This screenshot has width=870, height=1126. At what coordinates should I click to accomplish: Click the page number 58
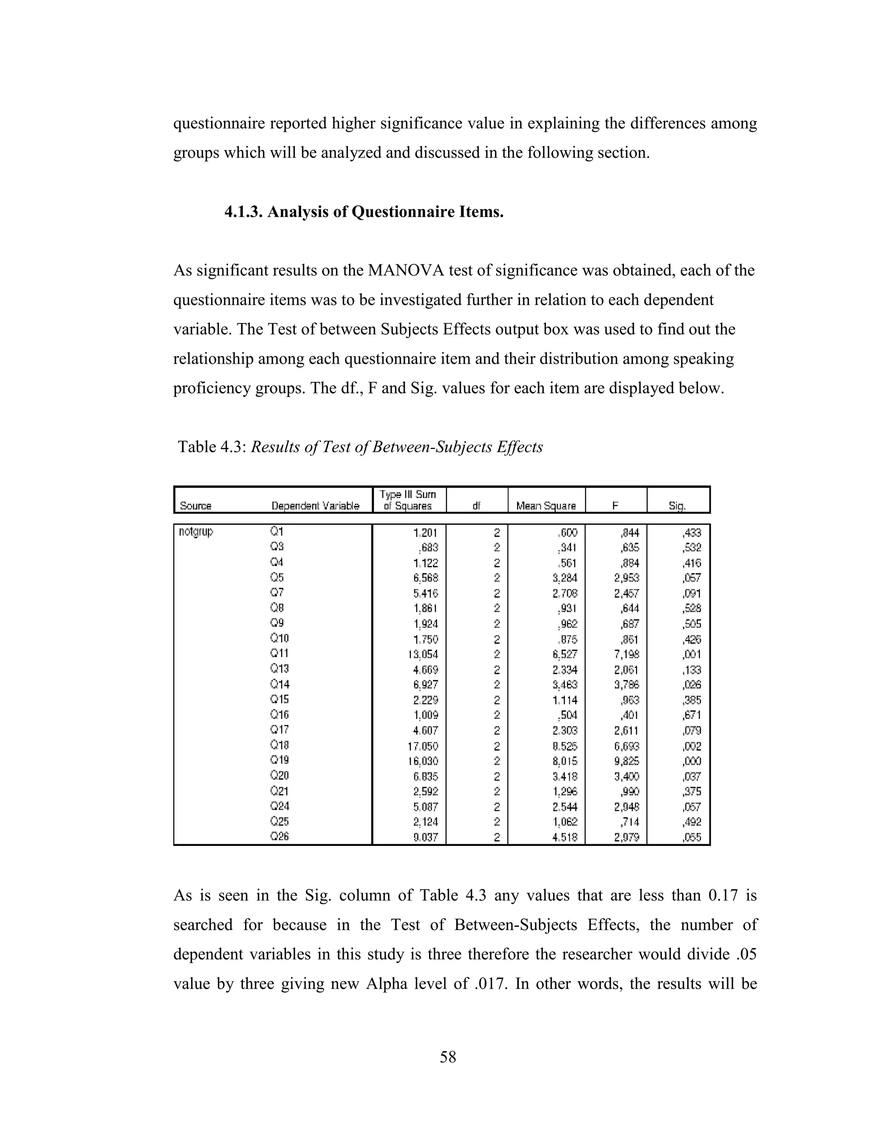pos(447,1057)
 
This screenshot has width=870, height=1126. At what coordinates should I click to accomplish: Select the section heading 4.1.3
pos(244,212)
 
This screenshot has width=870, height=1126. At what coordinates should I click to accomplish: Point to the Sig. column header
pos(677,506)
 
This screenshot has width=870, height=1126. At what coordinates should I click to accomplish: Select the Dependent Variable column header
pos(315,506)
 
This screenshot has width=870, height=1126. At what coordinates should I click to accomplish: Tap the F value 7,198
pos(626,654)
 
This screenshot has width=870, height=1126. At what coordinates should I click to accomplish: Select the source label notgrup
pos(195,532)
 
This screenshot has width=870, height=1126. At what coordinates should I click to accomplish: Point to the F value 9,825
pos(626,761)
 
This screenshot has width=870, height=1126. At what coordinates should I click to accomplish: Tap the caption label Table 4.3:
pos(211,447)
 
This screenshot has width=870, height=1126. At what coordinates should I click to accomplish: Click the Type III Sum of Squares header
pos(408,500)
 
